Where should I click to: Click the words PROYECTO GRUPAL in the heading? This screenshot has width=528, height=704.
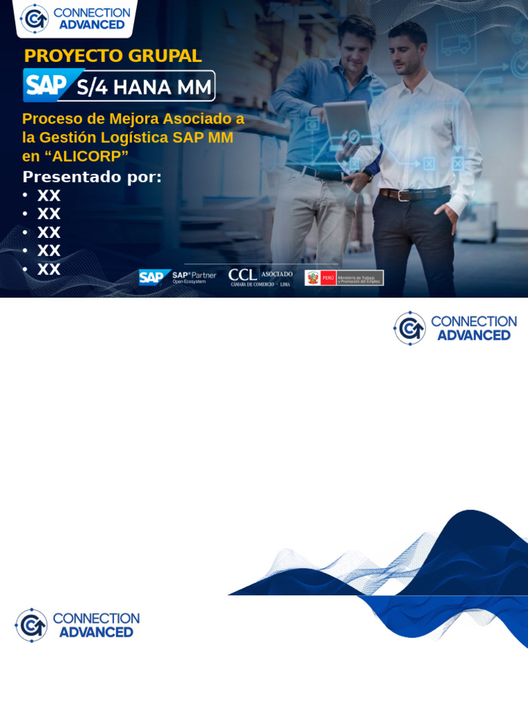tap(113, 56)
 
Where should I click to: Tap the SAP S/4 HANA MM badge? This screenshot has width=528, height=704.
tap(119, 86)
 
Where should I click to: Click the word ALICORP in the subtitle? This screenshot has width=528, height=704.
tap(87, 156)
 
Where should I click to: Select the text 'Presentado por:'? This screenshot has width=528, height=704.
tap(92, 177)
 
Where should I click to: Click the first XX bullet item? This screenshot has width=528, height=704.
tap(49, 196)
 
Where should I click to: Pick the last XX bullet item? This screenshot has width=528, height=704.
tap(49, 269)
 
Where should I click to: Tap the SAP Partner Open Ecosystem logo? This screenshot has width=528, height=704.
tap(177, 277)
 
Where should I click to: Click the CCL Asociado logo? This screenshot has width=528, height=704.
tap(260, 277)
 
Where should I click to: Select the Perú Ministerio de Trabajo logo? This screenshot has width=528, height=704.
tap(344, 278)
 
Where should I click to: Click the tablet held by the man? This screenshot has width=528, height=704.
tap(348, 120)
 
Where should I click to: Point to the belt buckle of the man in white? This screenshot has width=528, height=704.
tap(404, 195)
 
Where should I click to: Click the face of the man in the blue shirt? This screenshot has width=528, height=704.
tap(355, 43)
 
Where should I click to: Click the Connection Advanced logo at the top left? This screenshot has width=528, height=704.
tap(75, 19)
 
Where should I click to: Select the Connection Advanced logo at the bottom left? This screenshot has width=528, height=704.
tap(77, 625)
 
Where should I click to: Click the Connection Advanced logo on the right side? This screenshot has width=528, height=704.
tap(454, 328)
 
